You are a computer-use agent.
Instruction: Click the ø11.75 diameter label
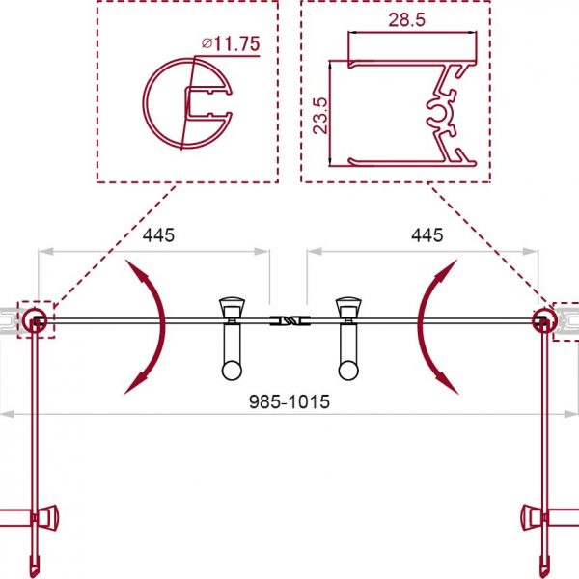(231, 44)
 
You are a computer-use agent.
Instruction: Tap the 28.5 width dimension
(406, 19)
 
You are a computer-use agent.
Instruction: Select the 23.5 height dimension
(319, 115)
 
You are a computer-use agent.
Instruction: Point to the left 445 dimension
(158, 235)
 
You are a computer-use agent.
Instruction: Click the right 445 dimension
(427, 235)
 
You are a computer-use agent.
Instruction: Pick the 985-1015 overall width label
(289, 401)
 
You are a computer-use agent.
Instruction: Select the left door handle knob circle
(232, 370)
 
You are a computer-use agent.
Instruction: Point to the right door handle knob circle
(348, 370)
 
